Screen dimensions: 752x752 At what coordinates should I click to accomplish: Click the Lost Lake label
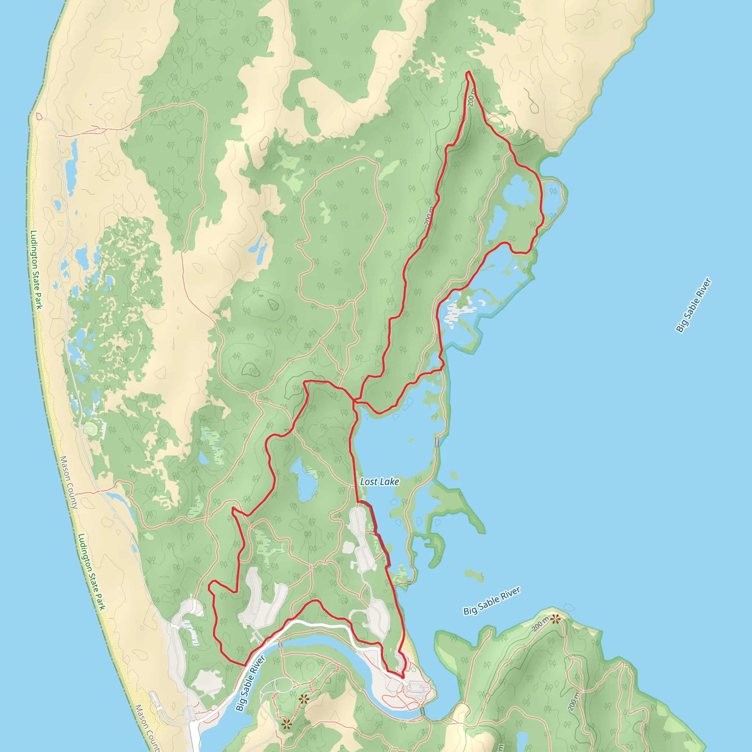(380, 481)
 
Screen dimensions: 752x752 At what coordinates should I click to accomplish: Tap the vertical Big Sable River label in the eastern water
(693, 305)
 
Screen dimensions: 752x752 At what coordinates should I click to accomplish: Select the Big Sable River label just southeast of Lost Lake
(492, 601)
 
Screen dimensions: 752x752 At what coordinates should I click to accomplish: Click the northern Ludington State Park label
(36, 270)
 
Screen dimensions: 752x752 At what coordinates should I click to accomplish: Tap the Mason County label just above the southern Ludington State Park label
(69, 482)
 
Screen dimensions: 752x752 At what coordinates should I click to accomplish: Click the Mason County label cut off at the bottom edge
(147, 727)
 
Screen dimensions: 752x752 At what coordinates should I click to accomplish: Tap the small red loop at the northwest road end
(39, 116)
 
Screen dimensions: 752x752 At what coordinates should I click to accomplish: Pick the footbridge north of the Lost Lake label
(437, 442)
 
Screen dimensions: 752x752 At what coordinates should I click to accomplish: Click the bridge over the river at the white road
(280, 644)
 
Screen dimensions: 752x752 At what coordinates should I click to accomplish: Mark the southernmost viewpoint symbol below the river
(286, 724)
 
